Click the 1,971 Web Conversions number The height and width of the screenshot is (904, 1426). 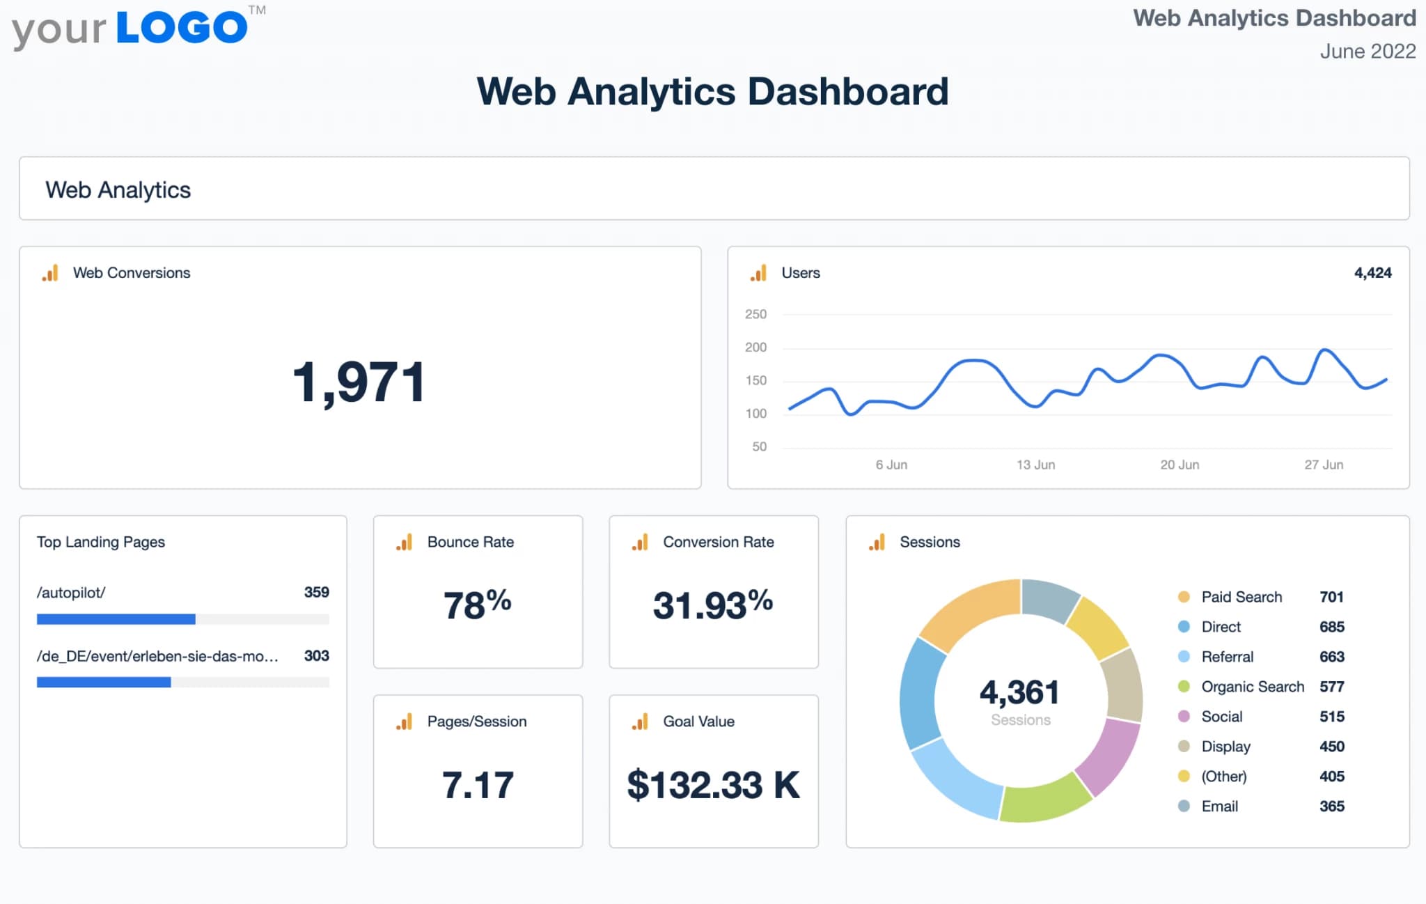[x=359, y=382]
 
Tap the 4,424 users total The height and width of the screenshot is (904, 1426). [x=1372, y=273]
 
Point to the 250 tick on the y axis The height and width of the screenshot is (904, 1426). [x=755, y=314]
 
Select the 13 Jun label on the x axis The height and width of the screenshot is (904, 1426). [x=1035, y=465]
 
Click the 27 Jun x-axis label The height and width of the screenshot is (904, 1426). [x=1323, y=465]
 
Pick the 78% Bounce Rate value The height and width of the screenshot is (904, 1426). [x=478, y=604]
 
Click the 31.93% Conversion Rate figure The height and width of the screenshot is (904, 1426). [x=712, y=604]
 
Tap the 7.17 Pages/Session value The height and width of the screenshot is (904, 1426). [x=478, y=785]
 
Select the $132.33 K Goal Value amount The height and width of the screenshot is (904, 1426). [x=713, y=785]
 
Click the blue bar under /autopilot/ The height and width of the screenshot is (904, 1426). [x=116, y=619]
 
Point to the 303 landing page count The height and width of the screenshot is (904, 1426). [x=316, y=656]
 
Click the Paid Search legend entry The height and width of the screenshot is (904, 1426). [x=1241, y=597]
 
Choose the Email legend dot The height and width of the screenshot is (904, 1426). [x=1184, y=806]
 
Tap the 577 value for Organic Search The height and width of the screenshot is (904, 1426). [x=1331, y=687]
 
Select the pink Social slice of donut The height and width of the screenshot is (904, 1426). [x=1109, y=756]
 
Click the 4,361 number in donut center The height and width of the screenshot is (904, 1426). [x=1019, y=692]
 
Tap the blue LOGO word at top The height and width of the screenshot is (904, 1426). [x=182, y=28]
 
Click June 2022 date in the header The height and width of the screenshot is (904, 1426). [x=1368, y=52]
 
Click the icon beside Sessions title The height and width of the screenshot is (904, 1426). [x=877, y=543]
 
